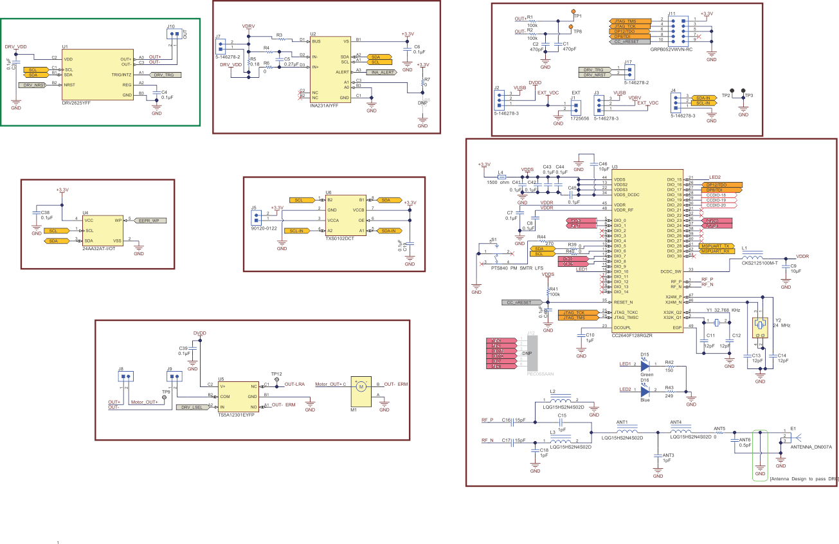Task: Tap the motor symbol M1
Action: tap(361, 386)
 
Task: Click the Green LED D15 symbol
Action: tap(646, 365)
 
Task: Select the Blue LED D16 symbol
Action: tap(646, 390)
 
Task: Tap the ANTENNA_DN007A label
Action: tap(811, 446)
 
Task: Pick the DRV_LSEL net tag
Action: tap(192, 407)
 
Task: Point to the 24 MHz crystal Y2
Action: tap(761, 326)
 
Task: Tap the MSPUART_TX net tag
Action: tap(714, 246)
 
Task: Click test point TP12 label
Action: tap(276, 374)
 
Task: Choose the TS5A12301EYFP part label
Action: tap(237, 415)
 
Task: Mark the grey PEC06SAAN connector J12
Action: tap(532, 353)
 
